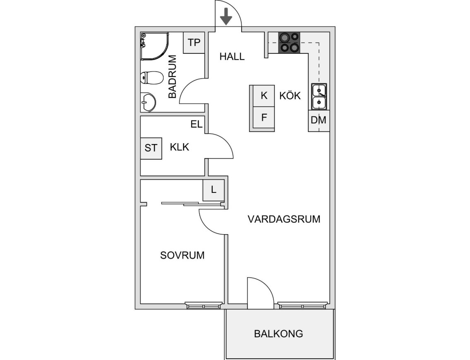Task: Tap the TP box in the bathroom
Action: coord(194,43)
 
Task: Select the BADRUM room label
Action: coord(173,77)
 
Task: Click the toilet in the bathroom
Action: coord(151,77)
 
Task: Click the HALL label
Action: coord(232,57)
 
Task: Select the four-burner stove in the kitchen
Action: coord(289,43)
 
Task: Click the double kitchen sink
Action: coord(319,96)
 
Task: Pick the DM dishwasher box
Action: coord(319,120)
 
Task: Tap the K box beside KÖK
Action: coord(264,96)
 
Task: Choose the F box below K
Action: coord(264,117)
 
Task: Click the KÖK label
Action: coord(290,96)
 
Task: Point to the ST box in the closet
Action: coord(151,148)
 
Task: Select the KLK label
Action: coord(180,147)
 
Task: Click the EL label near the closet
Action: coord(196,124)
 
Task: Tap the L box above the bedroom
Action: coord(213,190)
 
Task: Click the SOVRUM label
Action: coord(182,255)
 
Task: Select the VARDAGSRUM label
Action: coord(284,219)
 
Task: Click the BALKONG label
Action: coord(278,334)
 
